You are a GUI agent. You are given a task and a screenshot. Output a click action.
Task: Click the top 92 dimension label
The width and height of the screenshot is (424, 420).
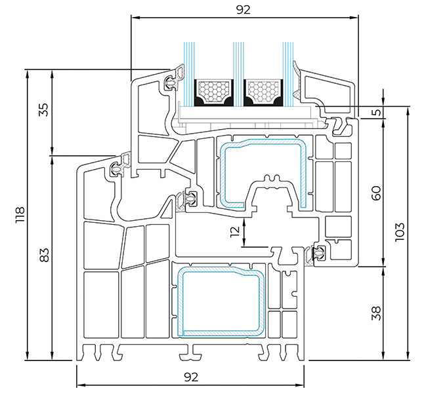tap(244, 10)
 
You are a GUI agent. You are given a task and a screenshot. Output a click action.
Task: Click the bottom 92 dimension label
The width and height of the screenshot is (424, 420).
tap(191, 377)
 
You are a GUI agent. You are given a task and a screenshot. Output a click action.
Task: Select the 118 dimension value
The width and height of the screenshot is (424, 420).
tap(20, 215)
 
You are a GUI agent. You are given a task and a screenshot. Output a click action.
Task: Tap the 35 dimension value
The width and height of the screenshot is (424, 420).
tap(43, 109)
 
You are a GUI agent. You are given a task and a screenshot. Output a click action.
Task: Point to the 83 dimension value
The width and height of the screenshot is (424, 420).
tap(45, 255)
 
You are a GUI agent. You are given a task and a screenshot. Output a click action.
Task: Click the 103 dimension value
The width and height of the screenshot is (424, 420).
tap(400, 232)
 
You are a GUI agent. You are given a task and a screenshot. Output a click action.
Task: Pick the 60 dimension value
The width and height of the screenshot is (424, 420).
tap(376, 193)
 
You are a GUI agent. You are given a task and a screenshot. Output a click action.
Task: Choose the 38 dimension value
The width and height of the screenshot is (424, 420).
tap(376, 313)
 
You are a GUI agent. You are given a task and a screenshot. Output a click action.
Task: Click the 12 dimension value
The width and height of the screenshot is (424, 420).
tap(235, 231)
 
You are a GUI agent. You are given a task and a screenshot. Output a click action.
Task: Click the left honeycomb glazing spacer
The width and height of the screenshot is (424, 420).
tap(214, 92)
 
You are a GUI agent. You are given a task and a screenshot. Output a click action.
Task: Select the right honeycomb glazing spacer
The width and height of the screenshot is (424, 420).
tap(263, 92)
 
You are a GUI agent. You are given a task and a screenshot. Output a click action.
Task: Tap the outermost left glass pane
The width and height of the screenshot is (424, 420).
tap(189, 73)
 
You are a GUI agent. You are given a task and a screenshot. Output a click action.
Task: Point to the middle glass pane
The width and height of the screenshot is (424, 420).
tap(239, 73)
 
